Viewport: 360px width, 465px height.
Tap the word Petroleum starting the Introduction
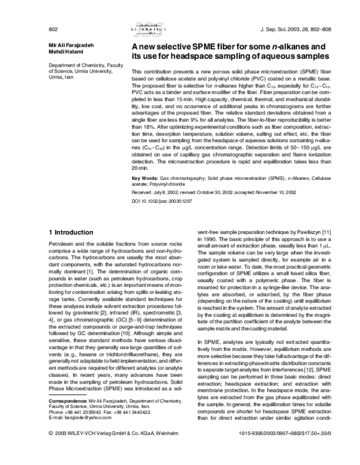(x=62, y=246)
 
